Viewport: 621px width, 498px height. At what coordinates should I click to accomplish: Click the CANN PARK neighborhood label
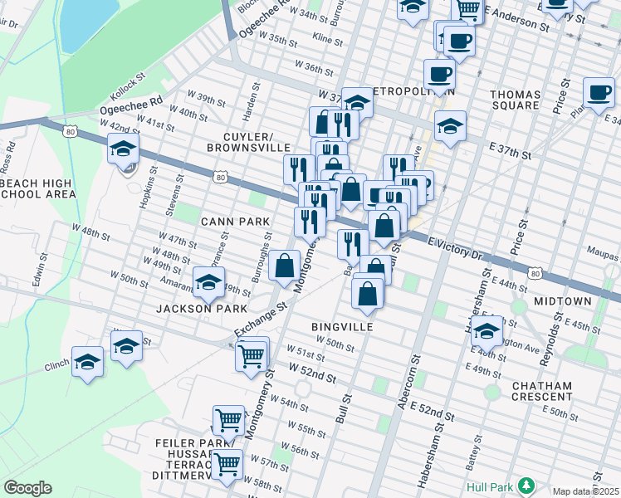click(x=235, y=222)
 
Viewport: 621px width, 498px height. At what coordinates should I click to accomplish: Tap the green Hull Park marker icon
click(x=525, y=485)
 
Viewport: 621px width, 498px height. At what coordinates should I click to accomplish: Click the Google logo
click(x=27, y=488)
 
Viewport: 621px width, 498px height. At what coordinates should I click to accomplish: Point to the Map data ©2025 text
click(x=585, y=491)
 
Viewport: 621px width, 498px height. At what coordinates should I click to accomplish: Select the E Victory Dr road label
click(x=455, y=246)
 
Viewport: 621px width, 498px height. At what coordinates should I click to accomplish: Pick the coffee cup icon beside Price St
click(x=598, y=91)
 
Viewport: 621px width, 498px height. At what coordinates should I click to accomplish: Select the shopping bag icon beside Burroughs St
click(x=284, y=266)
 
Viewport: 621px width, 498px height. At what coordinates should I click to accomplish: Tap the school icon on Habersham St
click(x=487, y=330)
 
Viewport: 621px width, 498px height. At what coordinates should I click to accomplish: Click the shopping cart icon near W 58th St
click(x=227, y=464)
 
